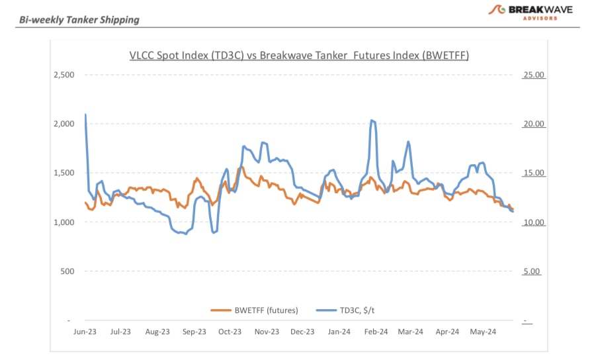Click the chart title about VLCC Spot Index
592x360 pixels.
pos(299,56)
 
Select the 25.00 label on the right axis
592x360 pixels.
pos(533,75)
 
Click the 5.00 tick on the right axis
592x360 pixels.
pos(533,271)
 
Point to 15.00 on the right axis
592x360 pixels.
pos(533,173)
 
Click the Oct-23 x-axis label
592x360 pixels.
pos(230,332)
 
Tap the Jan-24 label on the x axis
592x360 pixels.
pos(339,332)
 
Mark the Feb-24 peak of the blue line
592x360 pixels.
pos(372,120)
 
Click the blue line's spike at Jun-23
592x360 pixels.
pos(85,114)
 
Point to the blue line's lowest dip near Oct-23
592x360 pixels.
pos(214,232)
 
